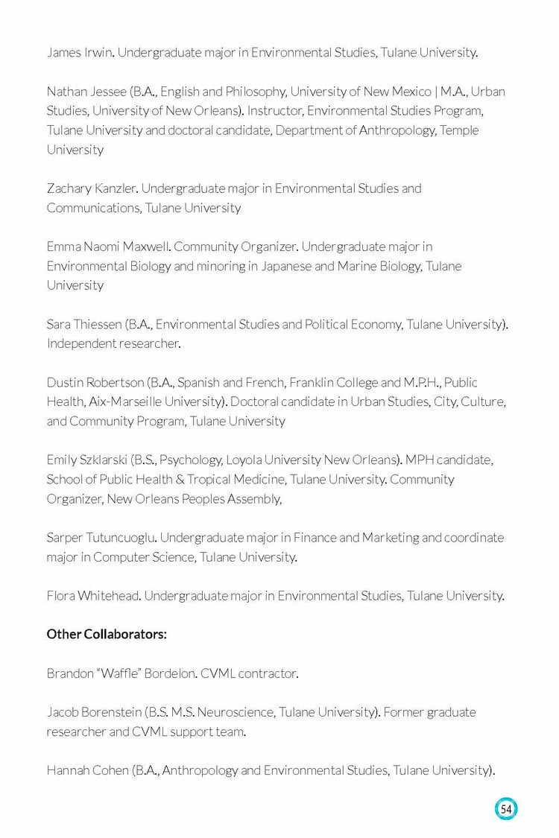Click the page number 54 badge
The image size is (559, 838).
pyautogui.click(x=506, y=809)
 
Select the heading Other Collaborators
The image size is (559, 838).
pyautogui.click(x=107, y=634)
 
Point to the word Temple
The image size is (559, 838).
pyautogui.click(x=460, y=130)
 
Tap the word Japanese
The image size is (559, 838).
pyautogui.click(x=287, y=266)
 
